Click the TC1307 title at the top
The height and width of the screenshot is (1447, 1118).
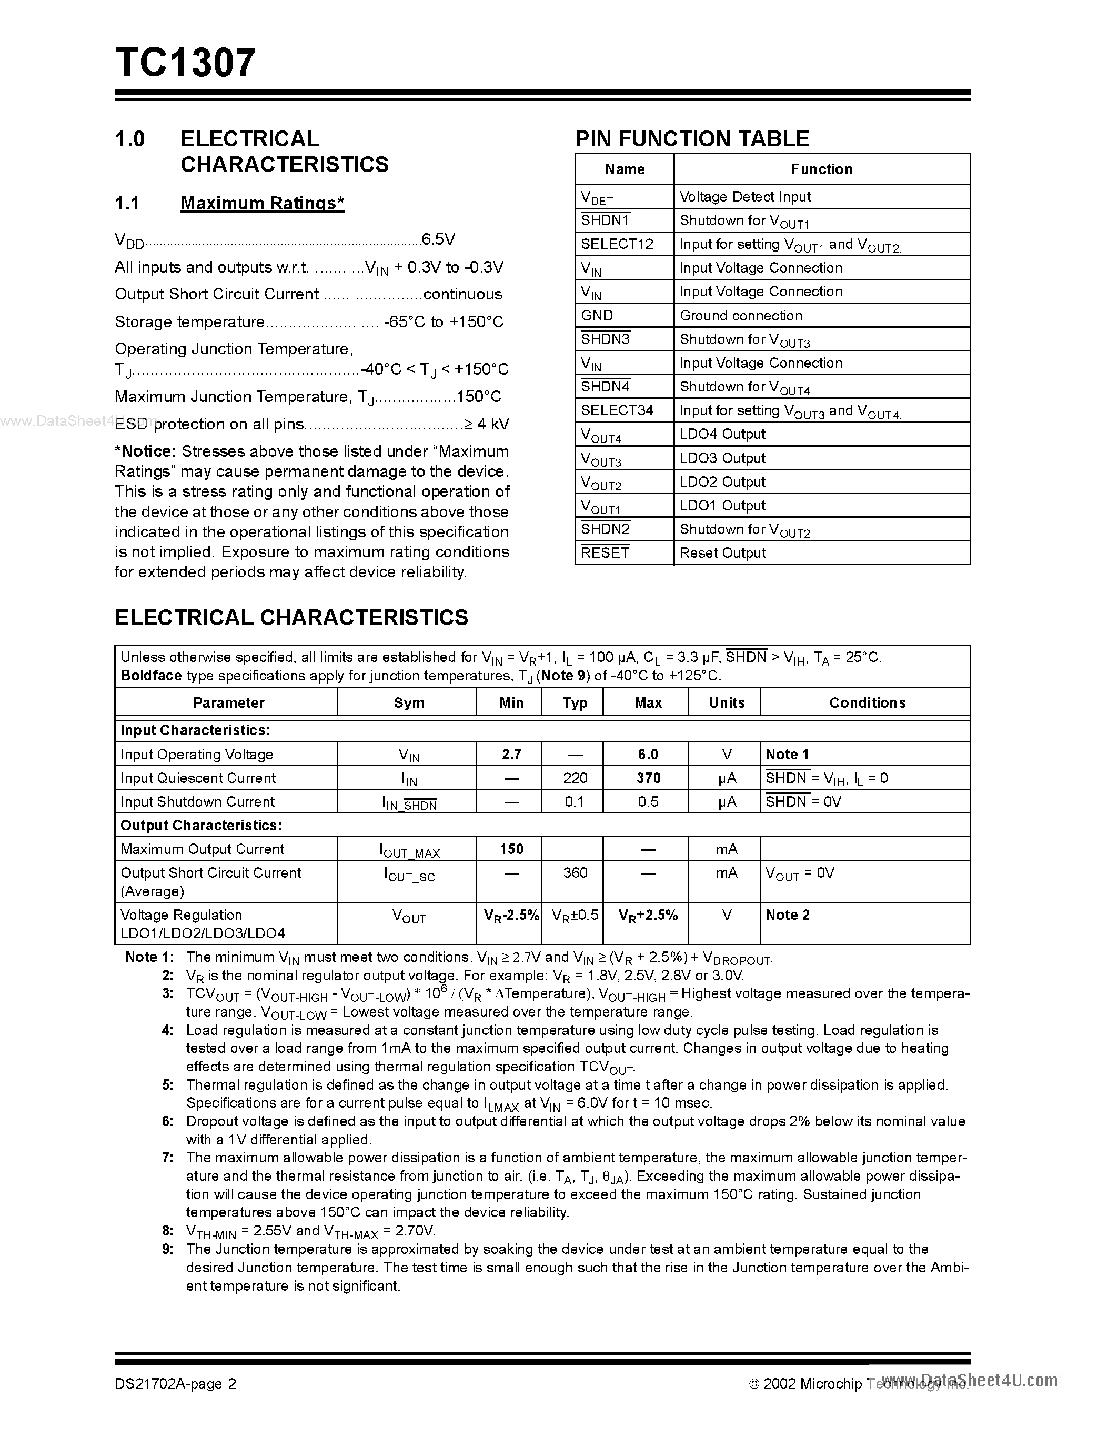point(185,63)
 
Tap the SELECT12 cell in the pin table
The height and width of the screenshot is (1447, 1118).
point(617,244)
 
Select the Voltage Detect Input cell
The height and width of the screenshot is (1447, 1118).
point(745,197)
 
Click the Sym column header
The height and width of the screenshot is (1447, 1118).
point(409,703)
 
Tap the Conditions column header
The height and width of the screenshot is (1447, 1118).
point(867,703)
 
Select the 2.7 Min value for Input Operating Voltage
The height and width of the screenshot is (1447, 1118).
point(511,754)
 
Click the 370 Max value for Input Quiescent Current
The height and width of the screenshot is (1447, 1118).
point(648,778)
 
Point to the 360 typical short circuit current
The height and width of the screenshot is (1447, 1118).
point(575,872)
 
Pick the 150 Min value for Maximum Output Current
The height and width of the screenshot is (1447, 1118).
point(511,849)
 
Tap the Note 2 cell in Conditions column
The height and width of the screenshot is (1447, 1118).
point(787,915)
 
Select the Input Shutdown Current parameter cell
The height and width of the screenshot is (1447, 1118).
point(197,802)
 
